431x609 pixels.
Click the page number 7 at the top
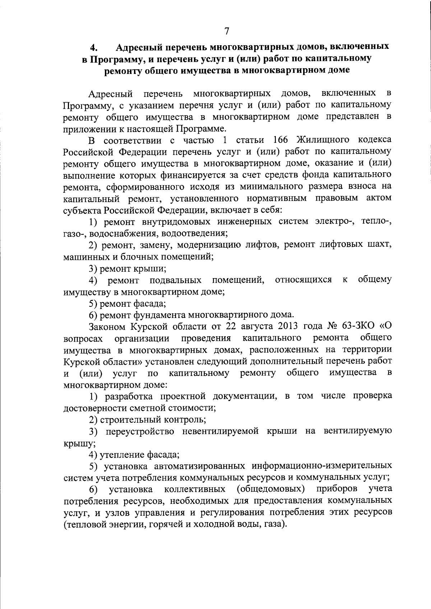[x=226, y=31]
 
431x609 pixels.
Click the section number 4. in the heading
[x=94, y=47]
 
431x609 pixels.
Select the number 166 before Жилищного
[x=281, y=140]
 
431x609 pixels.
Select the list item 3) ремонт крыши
[x=128, y=268]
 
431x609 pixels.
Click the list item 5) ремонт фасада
[x=128, y=304]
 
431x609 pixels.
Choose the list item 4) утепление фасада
[x=134, y=455]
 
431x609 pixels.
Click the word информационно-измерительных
[x=322, y=466]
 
